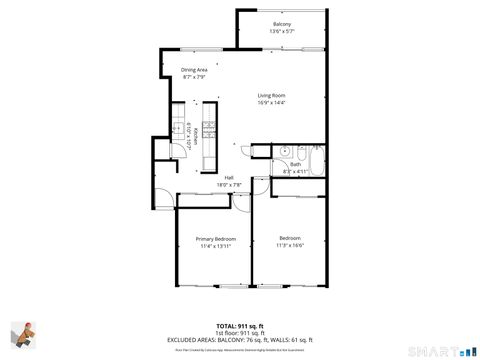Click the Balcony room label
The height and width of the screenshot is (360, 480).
point(281,24)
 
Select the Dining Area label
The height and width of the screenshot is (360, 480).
point(194,69)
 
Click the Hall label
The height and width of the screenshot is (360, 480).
point(229,177)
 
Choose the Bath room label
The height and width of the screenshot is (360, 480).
point(295,164)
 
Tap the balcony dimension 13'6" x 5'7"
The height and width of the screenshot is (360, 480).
point(281,32)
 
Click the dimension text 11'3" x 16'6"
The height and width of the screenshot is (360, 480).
point(290,245)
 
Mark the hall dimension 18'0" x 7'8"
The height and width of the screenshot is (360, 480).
point(229,185)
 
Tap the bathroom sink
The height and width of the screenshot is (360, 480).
point(285,152)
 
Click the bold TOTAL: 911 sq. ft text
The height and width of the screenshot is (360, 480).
point(240,325)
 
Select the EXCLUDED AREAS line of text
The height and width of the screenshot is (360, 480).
point(240,339)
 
